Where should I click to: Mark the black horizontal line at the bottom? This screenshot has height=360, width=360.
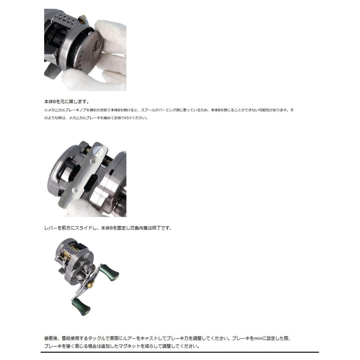[x=180, y=352]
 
